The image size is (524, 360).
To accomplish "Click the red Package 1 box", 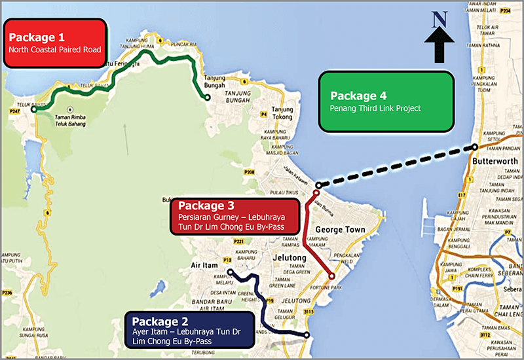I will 55,42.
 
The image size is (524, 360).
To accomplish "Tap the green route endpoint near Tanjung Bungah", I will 207,98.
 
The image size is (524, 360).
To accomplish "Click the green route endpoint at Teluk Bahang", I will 33,111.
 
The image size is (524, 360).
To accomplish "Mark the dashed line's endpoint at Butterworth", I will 474,147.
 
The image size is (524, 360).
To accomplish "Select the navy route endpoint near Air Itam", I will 230,271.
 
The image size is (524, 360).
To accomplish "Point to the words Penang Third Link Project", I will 375,108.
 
